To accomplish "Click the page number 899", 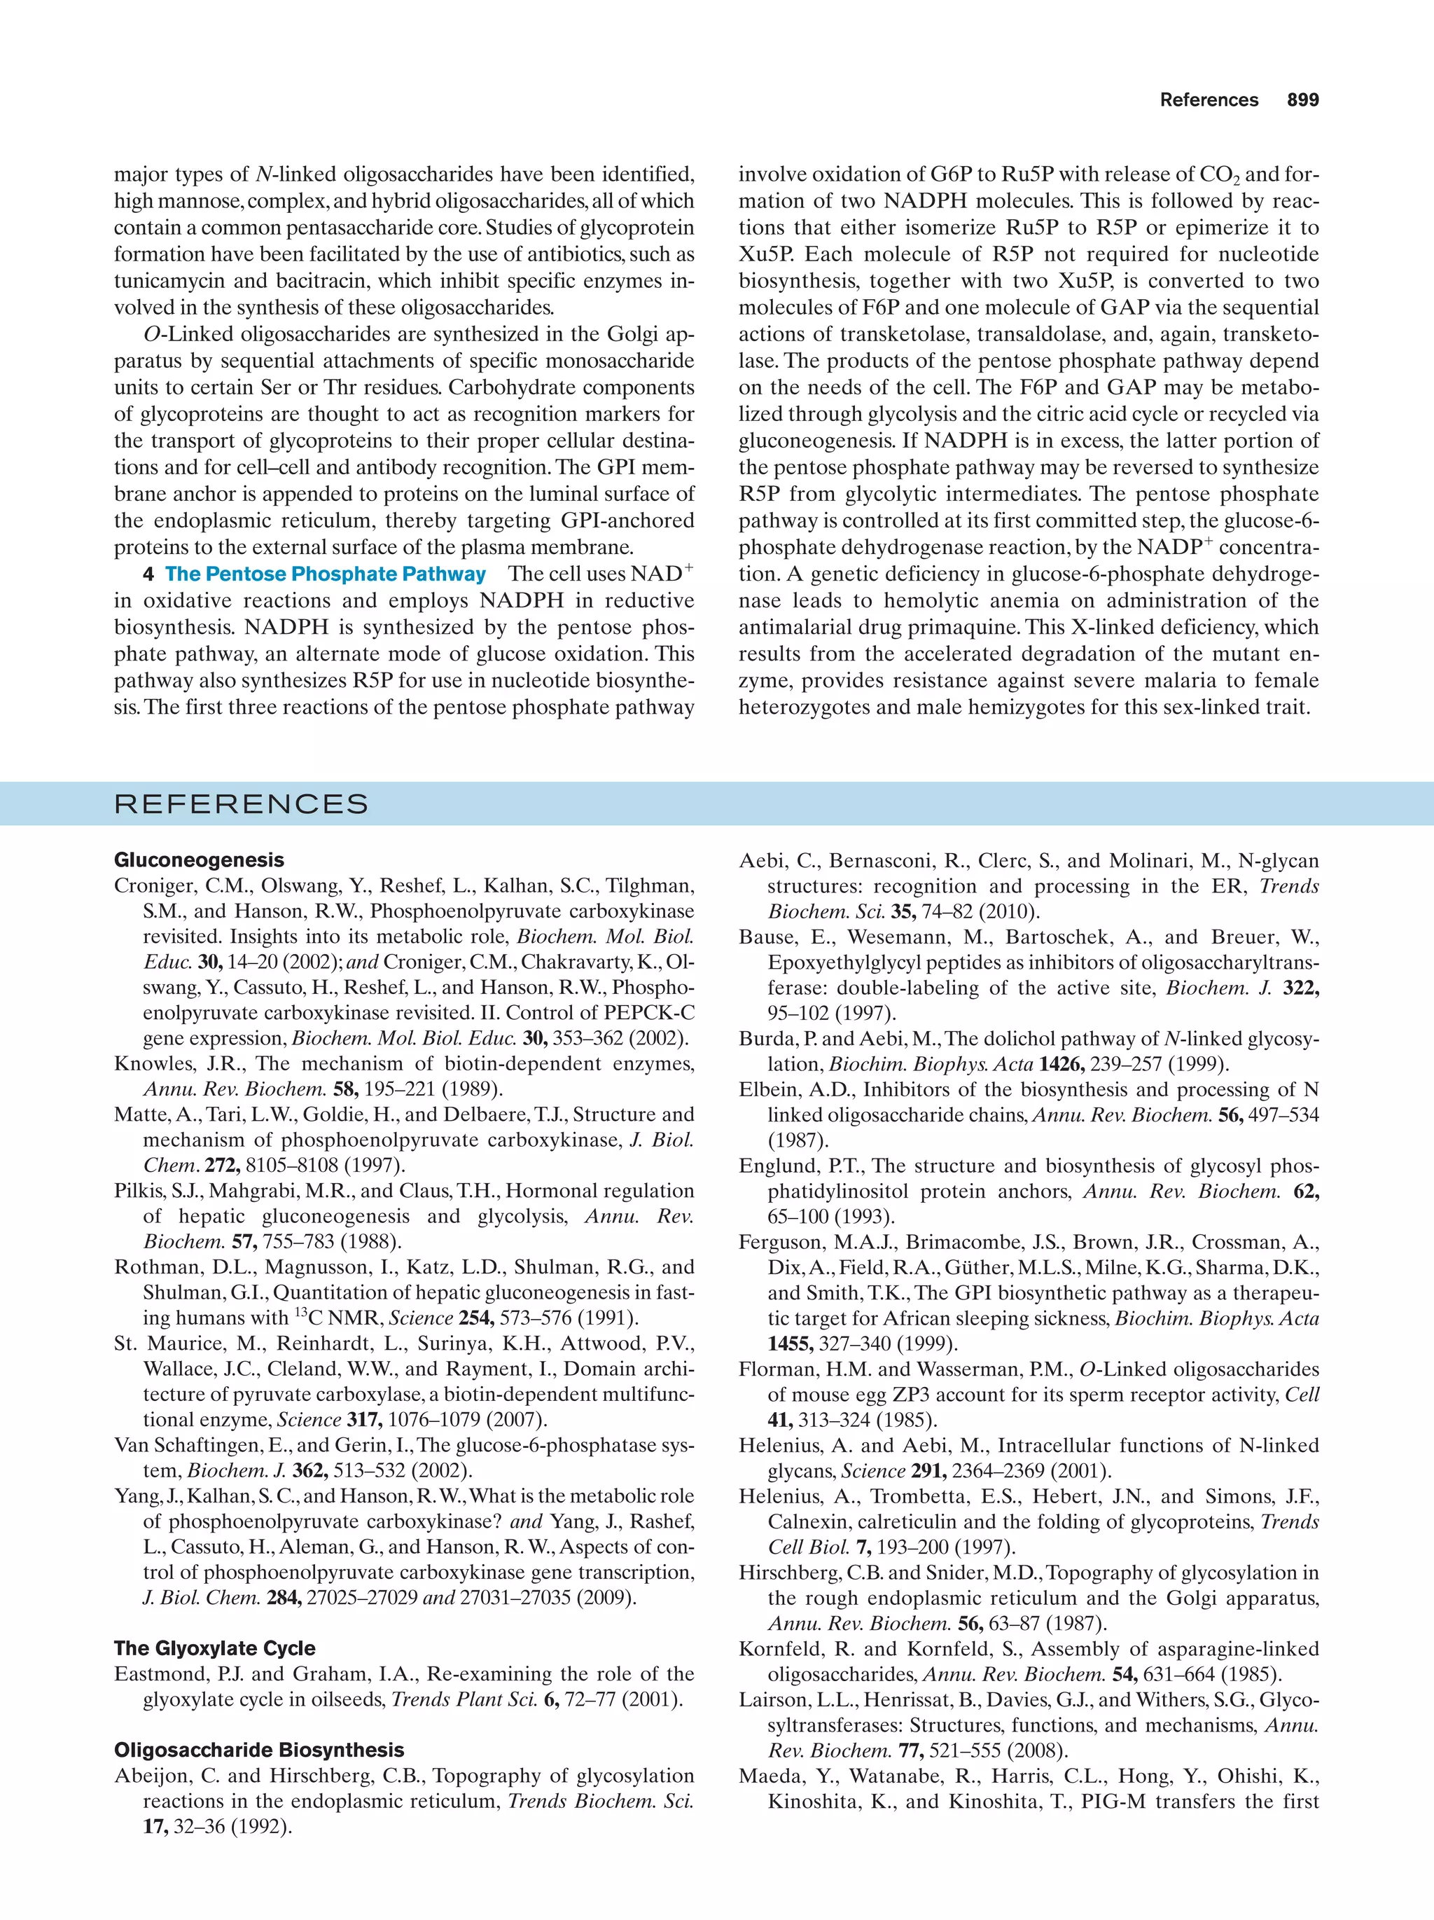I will (1302, 100).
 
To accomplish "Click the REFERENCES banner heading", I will (241, 803).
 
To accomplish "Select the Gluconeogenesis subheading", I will (199, 860).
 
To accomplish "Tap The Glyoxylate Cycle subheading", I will (214, 1648).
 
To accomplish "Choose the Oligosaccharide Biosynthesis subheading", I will (258, 1750).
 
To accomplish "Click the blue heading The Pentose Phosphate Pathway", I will (326, 574).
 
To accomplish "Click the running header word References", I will (1209, 100).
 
